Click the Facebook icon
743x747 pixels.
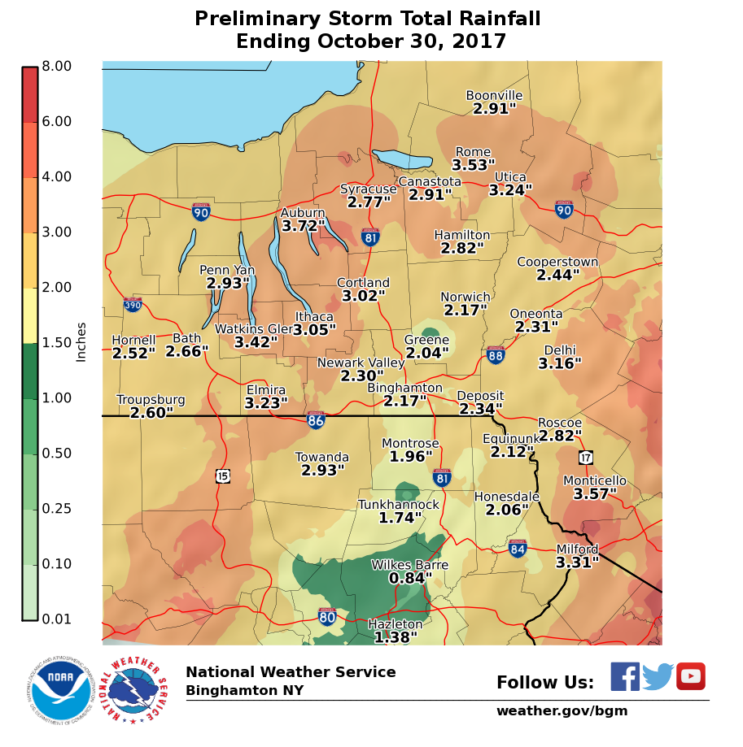(625, 676)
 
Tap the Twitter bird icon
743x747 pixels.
(658, 676)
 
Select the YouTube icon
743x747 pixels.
(691, 676)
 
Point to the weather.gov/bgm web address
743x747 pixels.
(562, 711)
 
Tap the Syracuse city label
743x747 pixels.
(369, 189)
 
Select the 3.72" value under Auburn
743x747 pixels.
(303, 225)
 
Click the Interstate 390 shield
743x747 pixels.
(133, 305)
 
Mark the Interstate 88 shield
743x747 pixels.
(496, 354)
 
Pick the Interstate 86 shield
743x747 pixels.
(317, 420)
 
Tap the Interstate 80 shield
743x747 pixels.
(327, 617)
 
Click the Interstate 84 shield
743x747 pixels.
(518, 549)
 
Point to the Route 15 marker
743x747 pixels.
(222, 476)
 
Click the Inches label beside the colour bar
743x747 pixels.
(81, 341)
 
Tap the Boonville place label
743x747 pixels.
(494, 96)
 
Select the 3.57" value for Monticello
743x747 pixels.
(595, 493)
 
